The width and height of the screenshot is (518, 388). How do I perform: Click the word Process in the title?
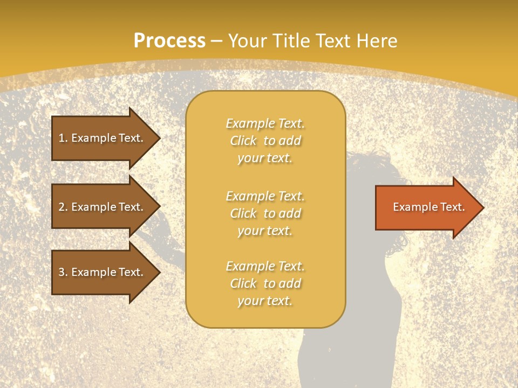(169, 41)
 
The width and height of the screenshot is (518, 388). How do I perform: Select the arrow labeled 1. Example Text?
(103, 138)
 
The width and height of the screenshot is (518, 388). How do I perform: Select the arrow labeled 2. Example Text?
(103, 207)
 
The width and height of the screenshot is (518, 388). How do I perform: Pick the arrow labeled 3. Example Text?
(103, 272)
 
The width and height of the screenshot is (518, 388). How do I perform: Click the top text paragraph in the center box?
(265, 141)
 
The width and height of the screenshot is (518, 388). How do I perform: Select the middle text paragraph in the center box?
(265, 213)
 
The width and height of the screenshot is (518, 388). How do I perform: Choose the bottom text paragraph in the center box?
(265, 283)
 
